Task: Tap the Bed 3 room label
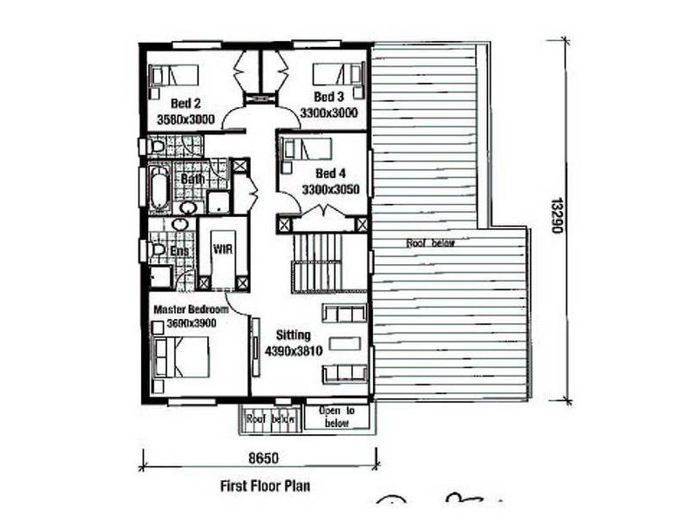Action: (330, 97)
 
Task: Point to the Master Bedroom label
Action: (191, 309)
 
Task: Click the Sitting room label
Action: (293, 335)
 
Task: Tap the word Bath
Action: (193, 180)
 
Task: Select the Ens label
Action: (180, 251)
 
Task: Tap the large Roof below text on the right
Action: (431, 244)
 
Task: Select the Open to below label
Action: (336, 417)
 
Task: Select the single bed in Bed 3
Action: (337, 74)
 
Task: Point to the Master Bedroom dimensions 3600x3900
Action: (191, 323)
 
